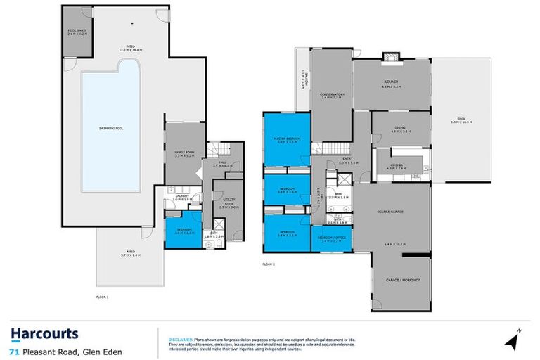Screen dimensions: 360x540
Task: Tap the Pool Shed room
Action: [77, 32]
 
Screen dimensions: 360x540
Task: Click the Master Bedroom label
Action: [287, 140]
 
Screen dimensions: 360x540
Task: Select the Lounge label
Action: [392, 83]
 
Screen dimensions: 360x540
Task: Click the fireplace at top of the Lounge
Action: [389, 57]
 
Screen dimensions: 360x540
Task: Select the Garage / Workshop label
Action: [401, 280]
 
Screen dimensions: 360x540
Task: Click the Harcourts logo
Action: [44, 334]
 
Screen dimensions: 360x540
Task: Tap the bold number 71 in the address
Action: [13, 349]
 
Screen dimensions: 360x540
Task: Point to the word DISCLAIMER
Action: [181, 338]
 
